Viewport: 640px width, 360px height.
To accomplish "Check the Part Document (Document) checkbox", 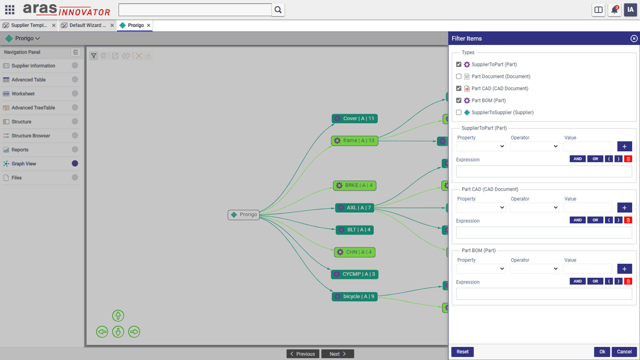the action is click(458, 76).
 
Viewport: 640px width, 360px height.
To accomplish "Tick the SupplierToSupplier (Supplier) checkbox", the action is click(458, 112).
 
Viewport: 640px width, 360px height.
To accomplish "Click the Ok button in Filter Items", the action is click(602, 352).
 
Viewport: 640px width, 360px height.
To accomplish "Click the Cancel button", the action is click(624, 352).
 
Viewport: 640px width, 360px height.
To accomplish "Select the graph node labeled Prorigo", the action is click(244, 214).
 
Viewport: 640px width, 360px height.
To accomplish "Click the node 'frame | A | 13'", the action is click(354, 140).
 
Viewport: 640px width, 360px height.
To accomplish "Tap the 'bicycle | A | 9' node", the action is click(354, 296).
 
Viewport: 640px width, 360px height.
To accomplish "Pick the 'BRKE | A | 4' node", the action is click(354, 186).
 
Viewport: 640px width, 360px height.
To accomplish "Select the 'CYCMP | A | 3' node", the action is click(354, 274).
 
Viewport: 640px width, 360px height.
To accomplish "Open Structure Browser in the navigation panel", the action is click(31, 136).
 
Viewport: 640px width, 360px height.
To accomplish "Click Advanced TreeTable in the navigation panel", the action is click(33, 108).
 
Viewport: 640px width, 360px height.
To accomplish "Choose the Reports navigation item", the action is click(20, 150).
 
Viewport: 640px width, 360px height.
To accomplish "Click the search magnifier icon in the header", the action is click(278, 10).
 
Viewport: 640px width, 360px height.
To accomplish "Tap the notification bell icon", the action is click(614, 10).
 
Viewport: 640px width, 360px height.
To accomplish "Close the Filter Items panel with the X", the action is click(634, 38).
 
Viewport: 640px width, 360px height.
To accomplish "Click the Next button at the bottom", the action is click(338, 354).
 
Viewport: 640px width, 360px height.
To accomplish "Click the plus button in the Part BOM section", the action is click(624, 269).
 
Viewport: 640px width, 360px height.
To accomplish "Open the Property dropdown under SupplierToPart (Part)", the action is click(481, 146).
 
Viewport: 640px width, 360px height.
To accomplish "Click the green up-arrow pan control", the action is click(118, 316).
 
